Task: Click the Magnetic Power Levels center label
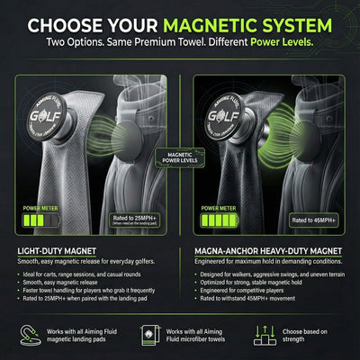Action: point(180,157)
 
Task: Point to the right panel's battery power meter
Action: point(222,218)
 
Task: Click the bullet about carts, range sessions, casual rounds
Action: point(85,273)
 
